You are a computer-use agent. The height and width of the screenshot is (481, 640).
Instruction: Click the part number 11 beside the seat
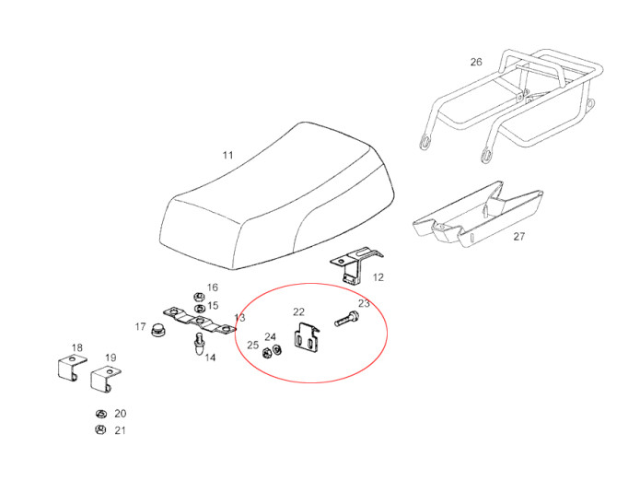point(227,156)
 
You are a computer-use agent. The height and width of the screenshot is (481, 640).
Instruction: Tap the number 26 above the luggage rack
point(475,63)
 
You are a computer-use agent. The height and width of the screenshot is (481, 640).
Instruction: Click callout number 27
point(519,237)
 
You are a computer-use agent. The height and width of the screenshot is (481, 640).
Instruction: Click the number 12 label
point(378,276)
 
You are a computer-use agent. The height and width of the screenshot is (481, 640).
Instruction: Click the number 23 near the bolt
point(364,303)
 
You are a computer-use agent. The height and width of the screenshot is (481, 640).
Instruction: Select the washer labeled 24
point(278,349)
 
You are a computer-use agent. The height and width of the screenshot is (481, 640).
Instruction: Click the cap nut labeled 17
point(157,329)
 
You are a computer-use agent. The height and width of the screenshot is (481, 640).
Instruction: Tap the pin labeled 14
point(199,345)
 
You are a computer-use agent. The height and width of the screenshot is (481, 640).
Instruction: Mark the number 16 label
point(212,287)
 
